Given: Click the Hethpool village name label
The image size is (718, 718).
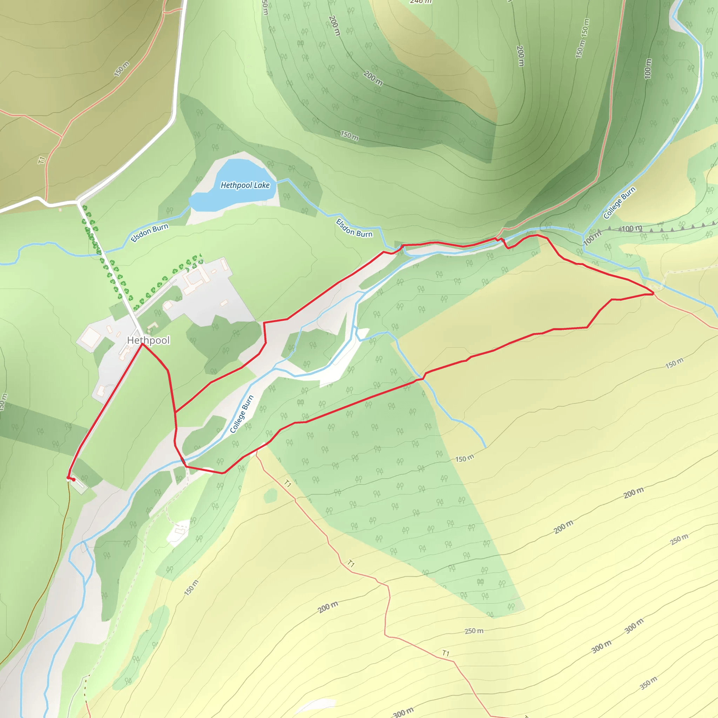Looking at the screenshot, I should [148, 340].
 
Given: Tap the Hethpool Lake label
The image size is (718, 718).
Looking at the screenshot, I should [245, 185].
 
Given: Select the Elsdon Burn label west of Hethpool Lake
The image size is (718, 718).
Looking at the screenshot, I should [149, 233].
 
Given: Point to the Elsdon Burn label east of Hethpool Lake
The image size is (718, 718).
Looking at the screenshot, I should [354, 228].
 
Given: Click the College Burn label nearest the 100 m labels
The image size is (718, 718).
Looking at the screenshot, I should [619, 203].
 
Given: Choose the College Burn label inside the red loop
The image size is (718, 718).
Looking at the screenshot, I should [242, 414].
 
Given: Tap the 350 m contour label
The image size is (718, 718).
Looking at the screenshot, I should [649, 683].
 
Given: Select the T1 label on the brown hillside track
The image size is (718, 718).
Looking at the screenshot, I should [42, 160].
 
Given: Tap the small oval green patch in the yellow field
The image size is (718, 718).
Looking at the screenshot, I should [270, 495].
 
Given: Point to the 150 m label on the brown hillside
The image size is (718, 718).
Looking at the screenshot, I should [122, 69].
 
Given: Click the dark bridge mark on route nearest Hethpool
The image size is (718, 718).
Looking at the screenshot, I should [183, 462].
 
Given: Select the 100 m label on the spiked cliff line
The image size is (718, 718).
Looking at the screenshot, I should [632, 228].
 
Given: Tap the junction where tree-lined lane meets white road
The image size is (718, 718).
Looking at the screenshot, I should [78, 203].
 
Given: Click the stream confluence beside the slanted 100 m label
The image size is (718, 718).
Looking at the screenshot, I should [583, 235].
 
